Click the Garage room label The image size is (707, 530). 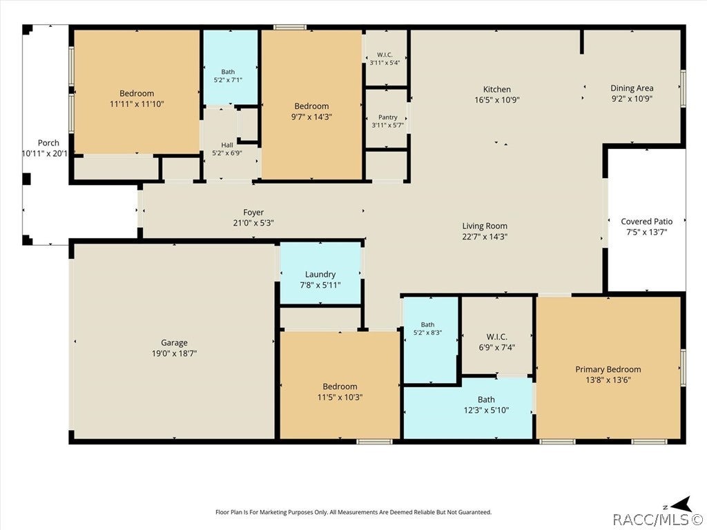(x=174, y=343)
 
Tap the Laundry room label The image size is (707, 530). (x=320, y=275)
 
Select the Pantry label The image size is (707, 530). (x=388, y=117)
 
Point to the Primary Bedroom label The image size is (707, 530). (x=608, y=370)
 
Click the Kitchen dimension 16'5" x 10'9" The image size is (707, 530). (x=497, y=100)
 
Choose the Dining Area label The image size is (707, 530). (x=632, y=88)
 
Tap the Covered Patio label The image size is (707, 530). (x=646, y=222)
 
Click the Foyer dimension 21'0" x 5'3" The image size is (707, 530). (x=253, y=223)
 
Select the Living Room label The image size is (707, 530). (x=485, y=226)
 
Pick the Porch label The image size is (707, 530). (x=48, y=143)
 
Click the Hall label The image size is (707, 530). (x=227, y=145)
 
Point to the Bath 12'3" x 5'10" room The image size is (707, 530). (x=468, y=408)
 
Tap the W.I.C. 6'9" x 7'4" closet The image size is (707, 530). (x=497, y=336)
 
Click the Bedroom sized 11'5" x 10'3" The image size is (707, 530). (x=340, y=385)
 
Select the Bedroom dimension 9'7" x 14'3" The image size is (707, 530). (x=311, y=117)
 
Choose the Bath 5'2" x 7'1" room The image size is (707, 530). (x=231, y=68)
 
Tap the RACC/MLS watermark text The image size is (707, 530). (x=657, y=520)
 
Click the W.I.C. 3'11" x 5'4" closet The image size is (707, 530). (x=386, y=58)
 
